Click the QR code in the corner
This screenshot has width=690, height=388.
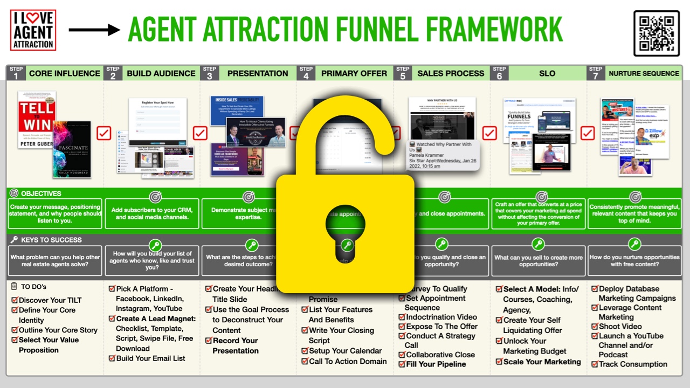pyautogui.click(x=657, y=33)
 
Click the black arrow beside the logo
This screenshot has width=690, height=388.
pyautogui.click(x=94, y=30)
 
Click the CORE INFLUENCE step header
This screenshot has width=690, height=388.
pyautogui.click(x=64, y=73)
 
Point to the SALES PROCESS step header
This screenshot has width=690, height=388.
pyautogui.click(x=451, y=73)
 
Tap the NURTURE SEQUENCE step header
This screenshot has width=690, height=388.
pyautogui.click(x=644, y=73)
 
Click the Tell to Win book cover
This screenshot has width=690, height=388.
pyautogui.click(x=37, y=119)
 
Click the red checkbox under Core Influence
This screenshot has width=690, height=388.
pyautogui.click(x=104, y=133)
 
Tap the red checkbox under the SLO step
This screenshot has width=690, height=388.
pyautogui.click(x=489, y=133)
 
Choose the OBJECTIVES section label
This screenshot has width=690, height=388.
pyautogui.click(x=41, y=193)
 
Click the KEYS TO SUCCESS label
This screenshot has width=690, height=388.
pyautogui.click(x=51, y=240)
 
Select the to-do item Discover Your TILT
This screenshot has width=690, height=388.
pyautogui.click(x=50, y=300)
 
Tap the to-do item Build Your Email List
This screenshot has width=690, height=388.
pyautogui.click(x=150, y=358)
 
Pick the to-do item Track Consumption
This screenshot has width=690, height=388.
pyautogui.click(x=633, y=364)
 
